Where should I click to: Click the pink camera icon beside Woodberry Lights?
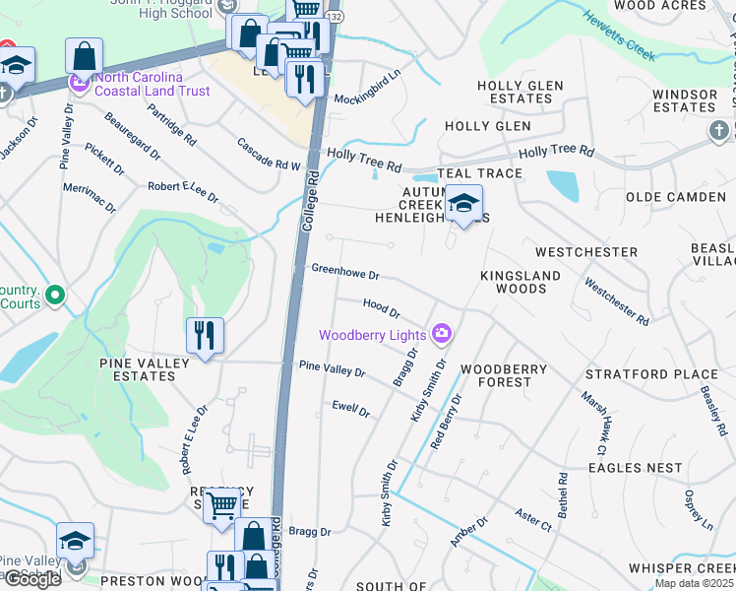point(442,334)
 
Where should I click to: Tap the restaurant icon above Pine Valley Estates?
point(205,336)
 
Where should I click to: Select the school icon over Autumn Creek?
point(462,204)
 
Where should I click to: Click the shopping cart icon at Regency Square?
point(222,506)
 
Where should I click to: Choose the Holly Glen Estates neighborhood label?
point(520,93)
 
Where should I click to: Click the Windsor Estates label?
point(685,100)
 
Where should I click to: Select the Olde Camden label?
point(676,197)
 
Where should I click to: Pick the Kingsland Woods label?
point(521,282)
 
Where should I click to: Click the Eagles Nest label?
point(635,468)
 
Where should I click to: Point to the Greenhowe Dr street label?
point(345,272)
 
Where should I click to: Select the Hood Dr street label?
point(381,308)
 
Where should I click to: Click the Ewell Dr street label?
point(350,408)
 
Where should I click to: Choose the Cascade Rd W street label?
point(268,158)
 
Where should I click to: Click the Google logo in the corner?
point(32,579)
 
